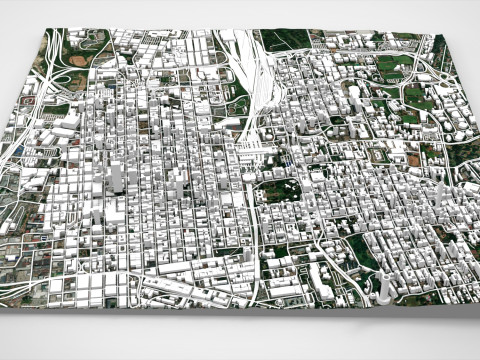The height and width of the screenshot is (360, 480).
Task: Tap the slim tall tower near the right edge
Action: [x=439, y=200]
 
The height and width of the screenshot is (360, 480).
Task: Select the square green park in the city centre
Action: [x=287, y=190]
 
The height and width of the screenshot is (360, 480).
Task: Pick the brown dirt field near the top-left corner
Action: [x=78, y=60]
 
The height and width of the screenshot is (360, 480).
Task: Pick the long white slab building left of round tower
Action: [x=322, y=279]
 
